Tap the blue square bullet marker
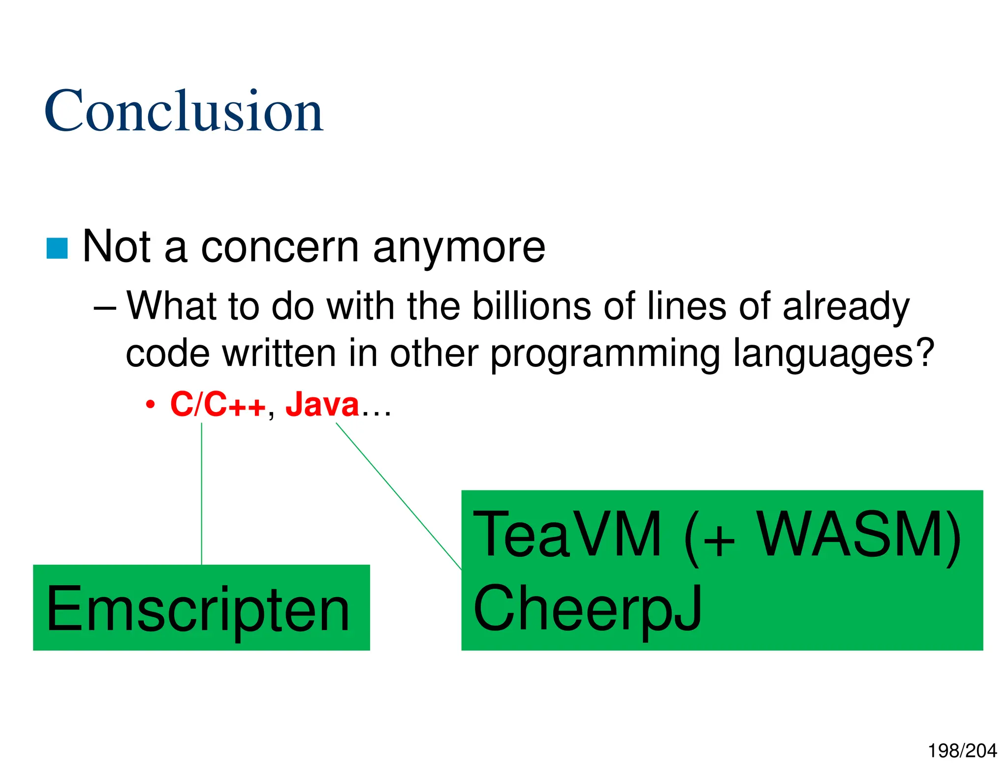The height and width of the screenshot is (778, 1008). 57,248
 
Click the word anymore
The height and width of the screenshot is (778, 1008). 459,247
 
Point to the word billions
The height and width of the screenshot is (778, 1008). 532,306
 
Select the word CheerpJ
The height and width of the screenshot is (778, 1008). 587,609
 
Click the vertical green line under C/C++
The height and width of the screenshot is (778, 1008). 202,492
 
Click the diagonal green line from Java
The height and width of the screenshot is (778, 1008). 399,497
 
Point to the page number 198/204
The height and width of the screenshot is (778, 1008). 962,750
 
